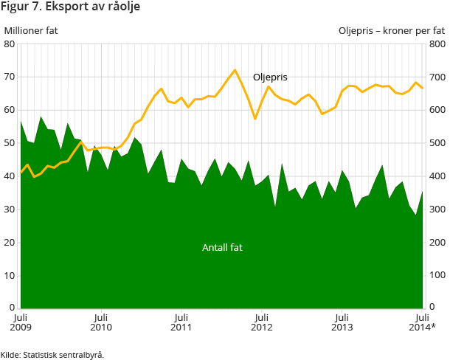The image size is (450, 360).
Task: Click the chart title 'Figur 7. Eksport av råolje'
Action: point(70,7)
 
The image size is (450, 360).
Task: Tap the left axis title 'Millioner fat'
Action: point(31,31)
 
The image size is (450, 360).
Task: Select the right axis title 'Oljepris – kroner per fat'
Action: point(391,31)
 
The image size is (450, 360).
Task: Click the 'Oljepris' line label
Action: point(270,77)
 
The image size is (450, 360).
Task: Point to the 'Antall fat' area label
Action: point(222,248)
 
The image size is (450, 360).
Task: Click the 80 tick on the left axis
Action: point(10,44)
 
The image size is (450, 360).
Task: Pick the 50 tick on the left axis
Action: point(10,143)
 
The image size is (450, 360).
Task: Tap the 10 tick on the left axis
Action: point(10,275)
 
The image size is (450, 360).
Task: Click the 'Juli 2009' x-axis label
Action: point(21,321)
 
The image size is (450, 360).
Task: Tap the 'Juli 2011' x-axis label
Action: point(181,321)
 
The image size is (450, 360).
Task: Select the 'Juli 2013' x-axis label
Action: point(342,321)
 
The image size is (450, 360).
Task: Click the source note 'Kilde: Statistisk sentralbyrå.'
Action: point(52,354)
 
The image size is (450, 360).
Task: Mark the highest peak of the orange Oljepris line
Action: point(235,70)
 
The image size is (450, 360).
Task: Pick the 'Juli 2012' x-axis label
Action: point(261,321)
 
